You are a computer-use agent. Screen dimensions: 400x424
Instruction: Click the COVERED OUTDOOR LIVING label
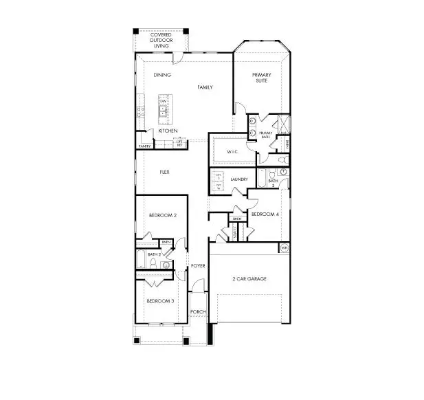[x=161, y=40]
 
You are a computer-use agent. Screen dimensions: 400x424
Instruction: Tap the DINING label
[x=162, y=75]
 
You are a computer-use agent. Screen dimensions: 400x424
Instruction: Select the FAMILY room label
[x=205, y=87]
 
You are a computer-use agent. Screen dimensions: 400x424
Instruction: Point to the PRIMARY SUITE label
[x=263, y=78]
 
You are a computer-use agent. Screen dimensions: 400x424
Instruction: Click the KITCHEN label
[x=168, y=131]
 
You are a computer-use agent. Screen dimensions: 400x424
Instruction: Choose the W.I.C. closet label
[x=232, y=152]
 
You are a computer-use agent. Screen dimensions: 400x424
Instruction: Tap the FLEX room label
[x=165, y=172]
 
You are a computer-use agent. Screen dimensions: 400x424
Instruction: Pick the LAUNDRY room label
[x=239, y=180]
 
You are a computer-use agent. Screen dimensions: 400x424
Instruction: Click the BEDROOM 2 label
[x=163, y=215]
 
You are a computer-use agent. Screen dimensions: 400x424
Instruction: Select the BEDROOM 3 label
[x=159, y=300]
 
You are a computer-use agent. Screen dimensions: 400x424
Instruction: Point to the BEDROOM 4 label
[x=265, y=214]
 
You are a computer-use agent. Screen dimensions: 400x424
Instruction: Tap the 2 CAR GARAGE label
[x=249, y=278]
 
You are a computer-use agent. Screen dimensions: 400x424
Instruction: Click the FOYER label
[x=198, y=265]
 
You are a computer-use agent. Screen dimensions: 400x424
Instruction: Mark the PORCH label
[x=198, y=311]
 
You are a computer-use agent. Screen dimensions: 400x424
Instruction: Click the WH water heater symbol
[x=284, y=247]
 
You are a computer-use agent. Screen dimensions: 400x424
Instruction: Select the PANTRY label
[x=144, y=146]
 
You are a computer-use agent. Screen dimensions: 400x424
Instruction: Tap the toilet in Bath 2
[x=166, y=262]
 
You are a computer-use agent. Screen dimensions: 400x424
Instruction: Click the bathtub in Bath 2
[x=142, y=260]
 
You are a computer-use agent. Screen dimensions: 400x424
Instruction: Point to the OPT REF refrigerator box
[x=179, y=143]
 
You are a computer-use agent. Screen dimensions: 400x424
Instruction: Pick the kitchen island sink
[x=164, y=112]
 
